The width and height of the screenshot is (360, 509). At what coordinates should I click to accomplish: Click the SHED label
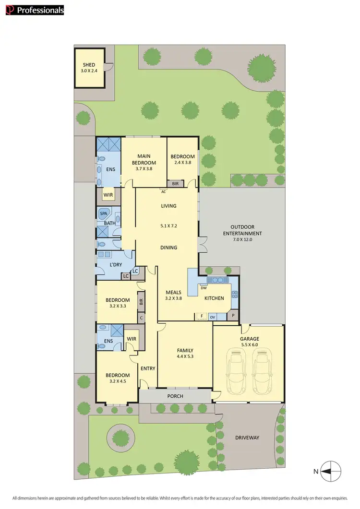pyautogui.click(x=89, y=65)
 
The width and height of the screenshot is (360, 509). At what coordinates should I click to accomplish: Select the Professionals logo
pyautogui.click(x=33, y=10)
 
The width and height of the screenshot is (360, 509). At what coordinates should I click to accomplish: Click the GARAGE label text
pyautogui.click(x=249, y=339)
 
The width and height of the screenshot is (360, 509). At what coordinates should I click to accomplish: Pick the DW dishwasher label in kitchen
pyautogui.click(x=204, y=288)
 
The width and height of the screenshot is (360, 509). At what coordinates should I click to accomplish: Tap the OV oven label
pyautogui.click(x=212, y=317)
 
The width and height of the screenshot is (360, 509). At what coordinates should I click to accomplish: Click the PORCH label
pyautogui.click(x=175, y=396)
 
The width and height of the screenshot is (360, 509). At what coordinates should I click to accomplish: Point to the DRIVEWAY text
pyautogui.click(x=247, y=438)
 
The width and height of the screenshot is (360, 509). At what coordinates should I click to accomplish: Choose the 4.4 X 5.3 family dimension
pyautogui.click(x=185, y=356)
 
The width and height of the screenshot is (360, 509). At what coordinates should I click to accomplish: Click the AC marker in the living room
pyautogui.click(x=164, y=191)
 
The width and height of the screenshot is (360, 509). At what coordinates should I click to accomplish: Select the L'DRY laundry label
pyautogui.click(x=115, y=265)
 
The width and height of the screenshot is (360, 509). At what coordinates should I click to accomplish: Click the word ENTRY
pyautogui.click(x=148, y=368)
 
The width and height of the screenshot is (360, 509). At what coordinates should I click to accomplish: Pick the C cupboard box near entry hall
pyautogui.click(x=141, y=318)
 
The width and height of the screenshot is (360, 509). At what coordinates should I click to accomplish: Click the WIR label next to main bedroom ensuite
pyautogui.click(x=108, y=195)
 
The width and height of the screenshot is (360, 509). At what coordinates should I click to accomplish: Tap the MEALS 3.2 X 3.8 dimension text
pyautogui.click(x=173, y=298)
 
